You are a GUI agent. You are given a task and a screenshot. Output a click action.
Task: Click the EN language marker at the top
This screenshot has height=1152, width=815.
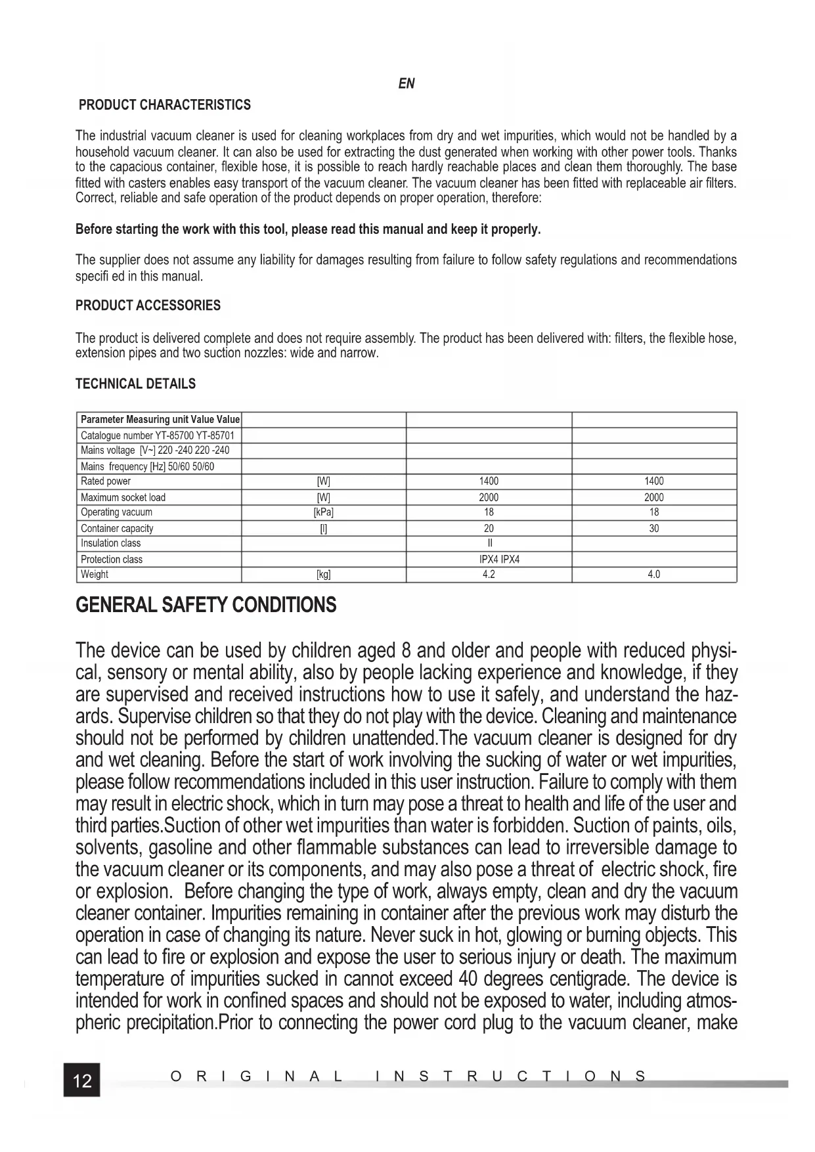pos(407,84)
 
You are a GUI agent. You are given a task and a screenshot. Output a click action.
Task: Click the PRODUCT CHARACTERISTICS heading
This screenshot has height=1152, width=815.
pos(164,105)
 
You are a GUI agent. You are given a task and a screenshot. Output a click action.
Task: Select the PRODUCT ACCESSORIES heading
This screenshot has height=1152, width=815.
pos(148,305)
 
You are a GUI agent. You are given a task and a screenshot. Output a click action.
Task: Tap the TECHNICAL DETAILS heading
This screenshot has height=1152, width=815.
pos(135,384)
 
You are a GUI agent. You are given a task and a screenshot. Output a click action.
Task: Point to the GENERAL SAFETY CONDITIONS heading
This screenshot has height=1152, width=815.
pos(206,605)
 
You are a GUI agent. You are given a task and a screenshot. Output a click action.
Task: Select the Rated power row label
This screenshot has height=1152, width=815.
pos(106,481)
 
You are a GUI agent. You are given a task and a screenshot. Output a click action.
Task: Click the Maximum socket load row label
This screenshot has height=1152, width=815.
pos(123,497)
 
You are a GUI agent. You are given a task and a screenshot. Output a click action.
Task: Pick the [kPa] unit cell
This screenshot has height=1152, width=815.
pos(324,512)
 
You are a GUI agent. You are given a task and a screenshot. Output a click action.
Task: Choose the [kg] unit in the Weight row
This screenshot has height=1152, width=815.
pos(324,575)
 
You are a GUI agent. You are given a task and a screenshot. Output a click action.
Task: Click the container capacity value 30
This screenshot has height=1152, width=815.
pos(654,528)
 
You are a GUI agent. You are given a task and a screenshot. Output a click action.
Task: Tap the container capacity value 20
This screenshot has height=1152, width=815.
pos(489,528)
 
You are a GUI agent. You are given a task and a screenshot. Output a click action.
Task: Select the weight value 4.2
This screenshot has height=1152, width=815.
pos(489,575)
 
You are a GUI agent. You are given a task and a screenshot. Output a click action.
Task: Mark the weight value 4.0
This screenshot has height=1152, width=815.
pos(654,575)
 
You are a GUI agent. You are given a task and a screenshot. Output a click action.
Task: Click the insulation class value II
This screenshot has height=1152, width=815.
pos(489,543)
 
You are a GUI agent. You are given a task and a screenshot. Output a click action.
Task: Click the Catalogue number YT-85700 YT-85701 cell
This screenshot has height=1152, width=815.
pos(157,435)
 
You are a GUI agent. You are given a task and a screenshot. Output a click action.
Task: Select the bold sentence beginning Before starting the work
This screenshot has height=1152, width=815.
pos(308,229)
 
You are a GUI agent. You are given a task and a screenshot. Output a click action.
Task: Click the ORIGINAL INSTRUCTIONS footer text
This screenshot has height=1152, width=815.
pos(408,1076)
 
